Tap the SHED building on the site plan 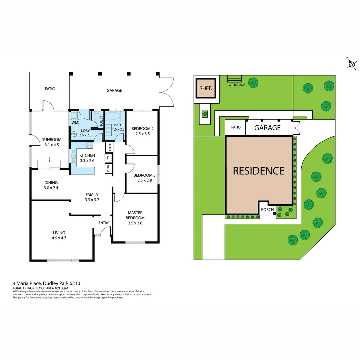tap(206, 88)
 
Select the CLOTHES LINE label tap(235, 85)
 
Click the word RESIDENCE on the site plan tap(258, 171)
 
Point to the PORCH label tap(267, 210)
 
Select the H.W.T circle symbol tap(74, 134)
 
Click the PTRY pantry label tap(108, 168)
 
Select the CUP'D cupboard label tap(109, 147)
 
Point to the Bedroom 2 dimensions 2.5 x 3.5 tap(142, 134)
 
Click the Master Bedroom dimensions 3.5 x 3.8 tap(135, 223)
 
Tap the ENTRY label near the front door tap(104, 223)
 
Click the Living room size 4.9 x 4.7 tap(59, 238)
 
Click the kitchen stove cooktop tap(90, 145)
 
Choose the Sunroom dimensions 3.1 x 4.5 tap(52, 145)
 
